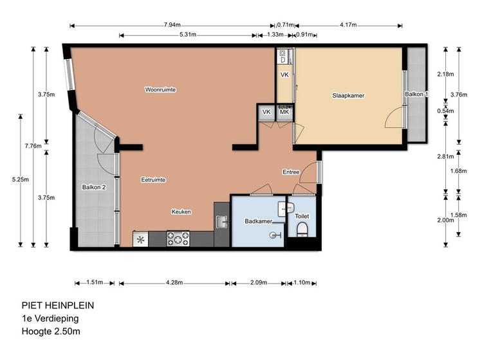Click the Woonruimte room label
(160, 89)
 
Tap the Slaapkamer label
(348, 95)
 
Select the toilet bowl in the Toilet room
(302, 230)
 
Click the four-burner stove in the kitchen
(178, 239)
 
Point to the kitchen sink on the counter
(221, 222)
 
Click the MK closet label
(284, 112)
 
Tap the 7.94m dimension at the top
(172, 25)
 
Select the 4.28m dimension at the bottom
(174, 283)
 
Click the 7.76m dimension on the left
(33, 146)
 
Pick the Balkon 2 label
(94, 187)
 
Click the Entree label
(291, 172)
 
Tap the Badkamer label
(259, 221)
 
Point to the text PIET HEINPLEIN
(58, 305)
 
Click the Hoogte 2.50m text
(51, 331)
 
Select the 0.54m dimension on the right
(445, 111)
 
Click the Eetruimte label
(153, 180)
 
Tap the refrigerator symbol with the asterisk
(140, 239)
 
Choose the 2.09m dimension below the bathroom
(259, 283)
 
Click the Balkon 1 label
(416, 94)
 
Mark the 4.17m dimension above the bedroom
(348, 25)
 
